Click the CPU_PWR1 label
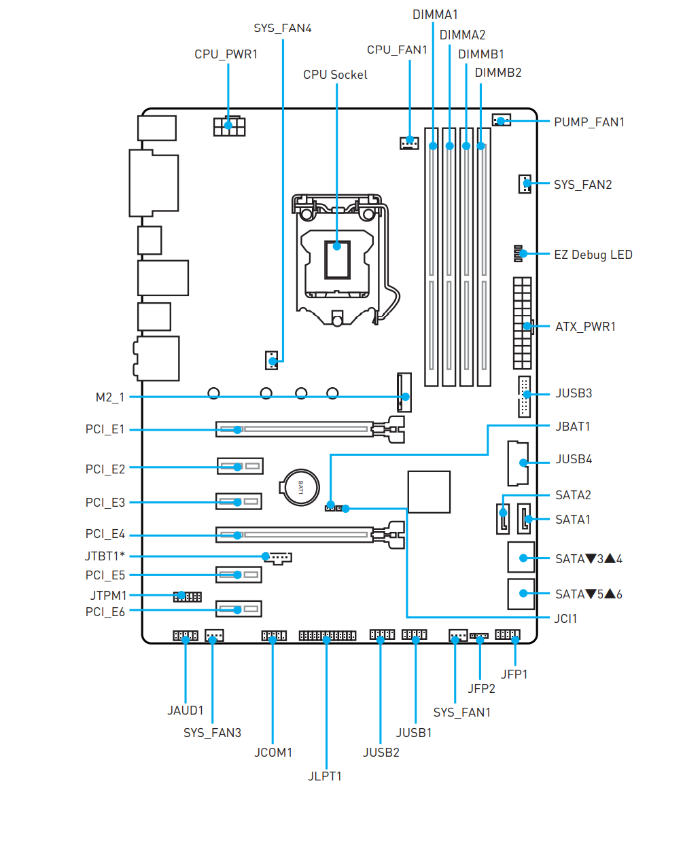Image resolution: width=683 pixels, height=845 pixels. (x=226, y=54)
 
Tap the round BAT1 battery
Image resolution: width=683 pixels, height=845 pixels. (x=299, y=487)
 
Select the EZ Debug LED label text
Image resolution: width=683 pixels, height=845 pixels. (x=593, y=255)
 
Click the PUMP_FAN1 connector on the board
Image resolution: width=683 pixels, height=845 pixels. (x=501, y=121)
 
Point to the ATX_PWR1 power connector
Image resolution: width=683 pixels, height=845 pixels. (x=522, y=323)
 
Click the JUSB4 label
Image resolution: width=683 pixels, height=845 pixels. (x=574, y=459)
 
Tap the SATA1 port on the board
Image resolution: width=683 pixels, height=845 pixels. (x=524, y=519)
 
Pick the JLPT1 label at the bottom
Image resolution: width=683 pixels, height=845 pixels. (x=325, y=776)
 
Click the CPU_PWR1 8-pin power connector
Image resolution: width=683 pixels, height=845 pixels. (x=229, y=126)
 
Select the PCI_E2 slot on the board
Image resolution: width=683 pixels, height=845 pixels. (x=240, y=467)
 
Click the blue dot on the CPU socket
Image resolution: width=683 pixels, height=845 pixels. (x=337, y=246)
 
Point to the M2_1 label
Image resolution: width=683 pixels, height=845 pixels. (x=110, y=397)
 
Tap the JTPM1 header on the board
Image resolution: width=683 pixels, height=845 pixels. (x=187, y=596)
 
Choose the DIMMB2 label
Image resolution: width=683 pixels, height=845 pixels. (x=497, y=73)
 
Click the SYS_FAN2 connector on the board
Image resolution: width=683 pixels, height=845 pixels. (x=525, y=183)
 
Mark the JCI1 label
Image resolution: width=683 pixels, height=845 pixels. (x=565, y=618)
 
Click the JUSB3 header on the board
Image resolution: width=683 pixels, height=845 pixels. (x=524, y=395)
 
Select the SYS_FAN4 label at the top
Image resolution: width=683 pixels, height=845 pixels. (x=282, y=28)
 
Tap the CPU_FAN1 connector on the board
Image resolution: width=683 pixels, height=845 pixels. (x=409, y=143)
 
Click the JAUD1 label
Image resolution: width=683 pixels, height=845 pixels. (x=186, y=711)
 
